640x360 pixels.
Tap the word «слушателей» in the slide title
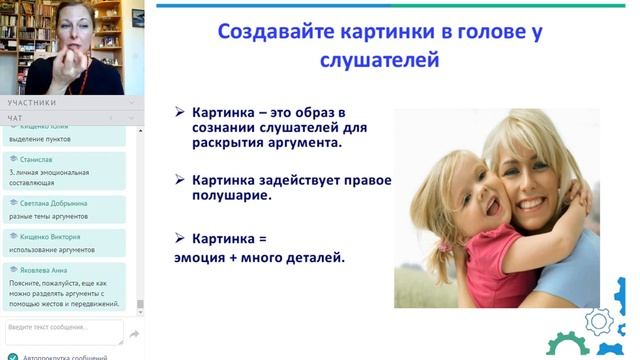tap(379, 60)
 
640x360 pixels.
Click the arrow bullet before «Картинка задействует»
tap(180, 180)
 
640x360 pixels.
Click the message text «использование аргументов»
tap(51, 249)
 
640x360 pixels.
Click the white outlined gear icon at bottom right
tap(598, 321)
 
